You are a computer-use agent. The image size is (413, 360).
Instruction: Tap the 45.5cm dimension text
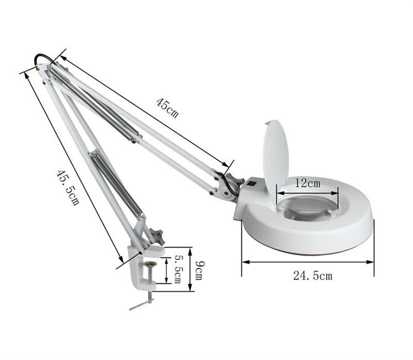pyautogui.click(x=67, y=187)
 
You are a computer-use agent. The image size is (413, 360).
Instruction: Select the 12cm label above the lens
pyautogui.click(x=307, y=182)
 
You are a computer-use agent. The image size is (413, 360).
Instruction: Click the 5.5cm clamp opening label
pyautogui.click(x=177, y=270)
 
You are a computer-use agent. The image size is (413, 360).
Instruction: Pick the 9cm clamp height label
pyautogui.click(x=198, y=270)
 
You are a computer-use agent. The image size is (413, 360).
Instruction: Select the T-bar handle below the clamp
pyautogui.click(x=142, y=304)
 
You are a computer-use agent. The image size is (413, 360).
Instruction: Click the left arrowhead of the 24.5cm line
pyautogui.click(x=244, y=261)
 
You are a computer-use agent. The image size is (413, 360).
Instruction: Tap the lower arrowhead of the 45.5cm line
pyautogui.click(x=121, y=259)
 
